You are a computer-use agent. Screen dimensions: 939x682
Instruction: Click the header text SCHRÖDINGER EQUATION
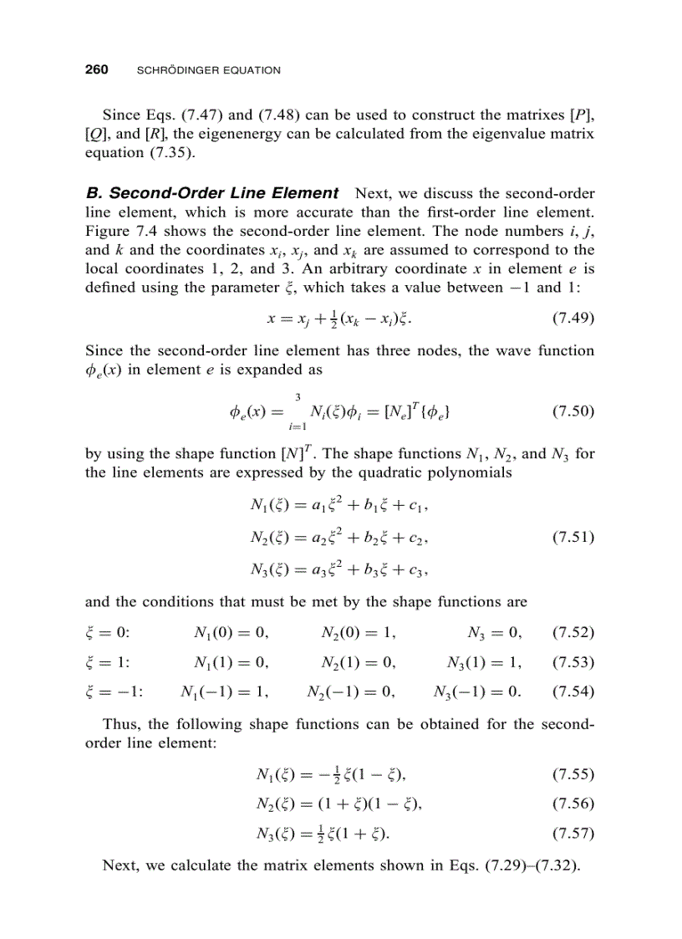[207, 71]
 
